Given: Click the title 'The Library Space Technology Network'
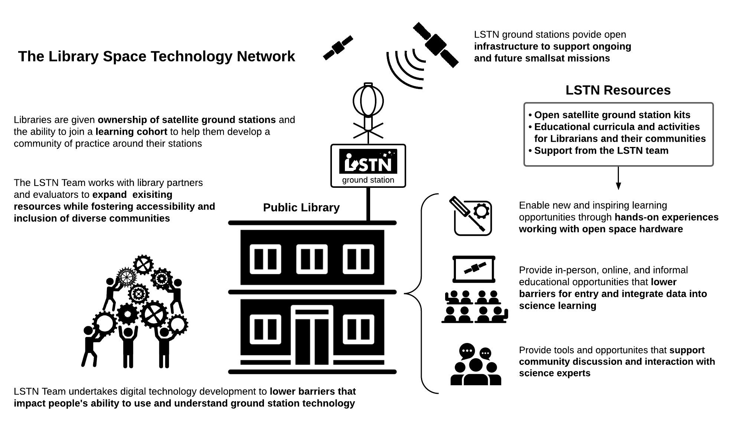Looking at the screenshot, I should [156, 56].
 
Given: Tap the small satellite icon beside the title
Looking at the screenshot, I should [338, 48].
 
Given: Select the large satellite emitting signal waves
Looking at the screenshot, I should [435, 45].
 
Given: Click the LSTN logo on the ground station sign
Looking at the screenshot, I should [368, 161].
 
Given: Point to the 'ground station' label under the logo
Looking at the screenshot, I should [368, 180].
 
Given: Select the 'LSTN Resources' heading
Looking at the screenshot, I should [618, 90].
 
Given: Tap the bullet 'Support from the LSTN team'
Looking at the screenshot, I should [601, 151].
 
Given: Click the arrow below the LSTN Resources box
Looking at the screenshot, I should [618, 179].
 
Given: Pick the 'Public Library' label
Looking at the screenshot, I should [301, 207].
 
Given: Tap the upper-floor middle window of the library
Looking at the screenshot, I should [312, 259].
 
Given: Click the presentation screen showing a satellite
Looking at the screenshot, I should [474, 269].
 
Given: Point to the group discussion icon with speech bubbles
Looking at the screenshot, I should [476, 365].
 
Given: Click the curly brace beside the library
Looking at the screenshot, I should [421, 293].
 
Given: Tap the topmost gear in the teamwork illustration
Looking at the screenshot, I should [143, 265].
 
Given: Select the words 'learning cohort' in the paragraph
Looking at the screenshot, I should [131, 132].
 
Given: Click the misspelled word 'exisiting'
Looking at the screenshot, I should [152, 195].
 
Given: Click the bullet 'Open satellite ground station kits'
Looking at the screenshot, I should [612, 115].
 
